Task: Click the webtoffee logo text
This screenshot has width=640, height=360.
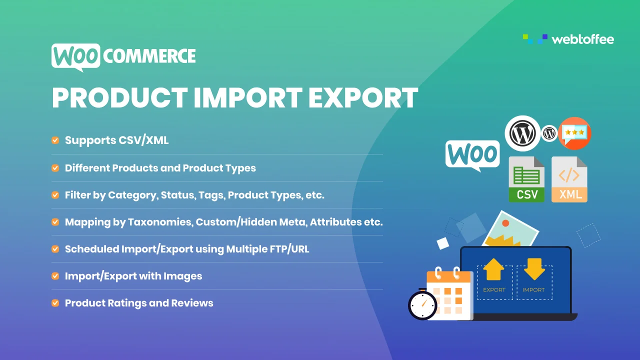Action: pos(582,39)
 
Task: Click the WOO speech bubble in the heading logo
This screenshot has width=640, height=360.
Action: pos(75,56)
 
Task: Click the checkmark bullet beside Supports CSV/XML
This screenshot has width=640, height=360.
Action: pos(55,140)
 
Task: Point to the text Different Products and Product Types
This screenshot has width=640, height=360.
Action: pos(160,168)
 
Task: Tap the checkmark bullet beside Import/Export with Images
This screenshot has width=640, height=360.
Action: pos(55,276)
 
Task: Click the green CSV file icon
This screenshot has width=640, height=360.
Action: pos(526,179)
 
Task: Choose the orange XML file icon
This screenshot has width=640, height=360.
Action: pos(569,179)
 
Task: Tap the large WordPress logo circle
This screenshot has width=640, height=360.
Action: pos(522,133)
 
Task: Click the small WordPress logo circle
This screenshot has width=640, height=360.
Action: pos(549,133)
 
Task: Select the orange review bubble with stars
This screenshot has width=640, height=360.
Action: pos(574,133)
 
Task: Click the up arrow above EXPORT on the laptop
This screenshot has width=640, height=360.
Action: pos(493,270)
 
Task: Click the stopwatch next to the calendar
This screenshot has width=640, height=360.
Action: pos(422,303)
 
